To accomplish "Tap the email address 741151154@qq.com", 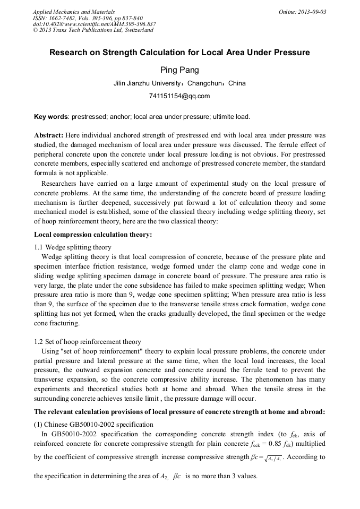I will coord(179,96).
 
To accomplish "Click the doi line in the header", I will coord(94,24).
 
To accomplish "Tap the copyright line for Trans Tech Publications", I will coord(93,30).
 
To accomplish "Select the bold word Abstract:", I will coord(49,135).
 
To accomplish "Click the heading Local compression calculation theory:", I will coord(93,234).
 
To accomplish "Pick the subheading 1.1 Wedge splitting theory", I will coord(73,247).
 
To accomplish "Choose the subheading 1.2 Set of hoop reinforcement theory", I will coord(88,342).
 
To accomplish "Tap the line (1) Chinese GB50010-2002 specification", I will coord(93,424).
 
